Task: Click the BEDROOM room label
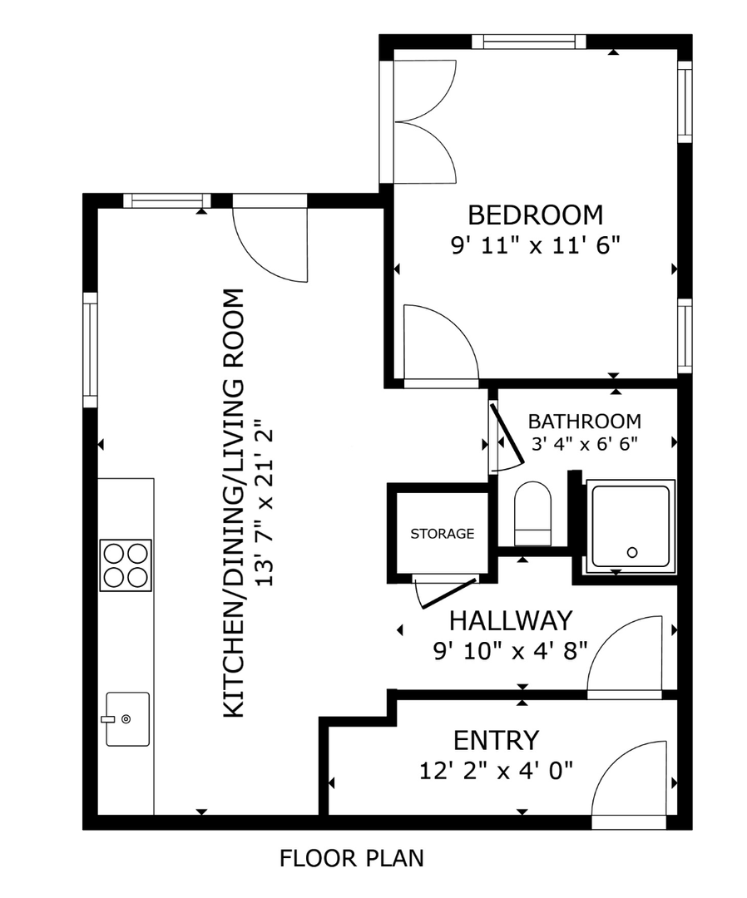coord(536,215)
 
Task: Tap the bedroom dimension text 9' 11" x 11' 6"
coord(536,245)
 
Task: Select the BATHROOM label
coord(584,422)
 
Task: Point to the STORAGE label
coord(443,534)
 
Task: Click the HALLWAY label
coord(511,621)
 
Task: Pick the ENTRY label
coord(496,741)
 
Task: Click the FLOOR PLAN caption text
coord(352,858)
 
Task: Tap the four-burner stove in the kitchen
coord(126,565)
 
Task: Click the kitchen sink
coord(127,718)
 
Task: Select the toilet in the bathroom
coord(532,514)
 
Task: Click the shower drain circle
coord(632,553)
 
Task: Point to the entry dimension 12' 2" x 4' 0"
coord(496,771)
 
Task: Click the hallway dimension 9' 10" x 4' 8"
coord(511,651)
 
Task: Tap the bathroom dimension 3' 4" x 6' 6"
coord(584,444)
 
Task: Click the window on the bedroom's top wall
coord(529,42)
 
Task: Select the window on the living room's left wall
coord(91,349)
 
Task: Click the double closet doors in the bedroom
coord(424,122)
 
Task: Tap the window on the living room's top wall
coord(167,200)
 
